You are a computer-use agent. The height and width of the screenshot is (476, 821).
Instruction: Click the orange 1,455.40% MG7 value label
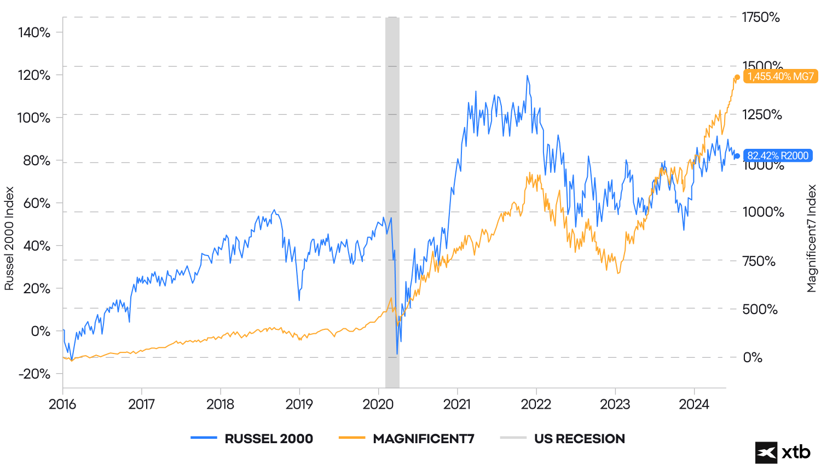[780, 77]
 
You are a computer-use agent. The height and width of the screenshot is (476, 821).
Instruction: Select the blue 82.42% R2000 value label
[777, 156]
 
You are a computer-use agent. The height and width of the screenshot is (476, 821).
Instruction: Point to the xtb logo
[783, 452]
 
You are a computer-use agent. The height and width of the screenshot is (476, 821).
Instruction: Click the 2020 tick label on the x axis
[378, 404]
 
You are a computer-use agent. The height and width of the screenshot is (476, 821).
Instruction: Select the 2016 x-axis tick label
[62, 404]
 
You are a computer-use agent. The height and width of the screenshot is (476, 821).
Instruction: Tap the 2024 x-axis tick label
[694, 404]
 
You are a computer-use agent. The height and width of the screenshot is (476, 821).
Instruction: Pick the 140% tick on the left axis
[34, 32]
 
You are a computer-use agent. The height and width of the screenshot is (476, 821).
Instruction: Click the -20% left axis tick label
[34, 374]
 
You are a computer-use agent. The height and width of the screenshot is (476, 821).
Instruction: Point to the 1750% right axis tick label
[761, 18]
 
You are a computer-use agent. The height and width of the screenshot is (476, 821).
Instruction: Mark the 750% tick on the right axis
[759, 261]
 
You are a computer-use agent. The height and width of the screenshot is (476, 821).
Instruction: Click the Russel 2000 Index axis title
[9, 239]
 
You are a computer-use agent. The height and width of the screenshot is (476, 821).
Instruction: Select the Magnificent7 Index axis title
[812, 239]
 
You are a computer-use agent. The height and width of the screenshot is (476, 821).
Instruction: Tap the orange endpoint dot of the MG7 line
[737, 77]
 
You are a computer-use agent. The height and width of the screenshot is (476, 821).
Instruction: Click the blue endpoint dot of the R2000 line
[737, 156]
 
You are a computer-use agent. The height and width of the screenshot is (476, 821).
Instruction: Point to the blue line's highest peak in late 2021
[527, 76]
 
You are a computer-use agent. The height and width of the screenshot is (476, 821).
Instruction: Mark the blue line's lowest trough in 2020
[397, 353]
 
